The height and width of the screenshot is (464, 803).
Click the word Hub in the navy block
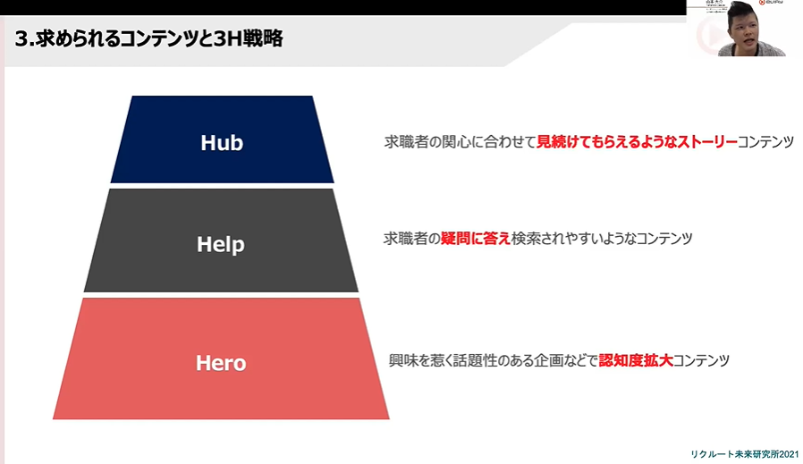point(222,142)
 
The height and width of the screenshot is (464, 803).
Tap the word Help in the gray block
point(221,243)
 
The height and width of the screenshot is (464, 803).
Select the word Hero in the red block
point(221,363)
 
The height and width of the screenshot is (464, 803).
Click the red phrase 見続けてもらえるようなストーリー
point(637,142)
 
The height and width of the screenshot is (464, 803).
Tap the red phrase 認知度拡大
point(635,361)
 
